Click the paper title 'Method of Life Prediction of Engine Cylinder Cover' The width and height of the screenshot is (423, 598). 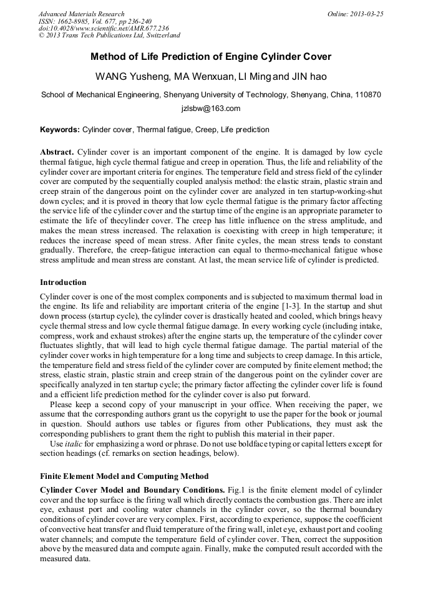pyautogui.click(x=211, y=57)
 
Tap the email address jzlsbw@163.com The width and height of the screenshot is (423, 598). pyautogui.click(x=211, y=109)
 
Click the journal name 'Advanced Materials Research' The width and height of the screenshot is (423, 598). pyautogui.click(x=82, y=14)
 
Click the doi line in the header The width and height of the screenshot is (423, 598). pyautogui.click(x=104, y=28)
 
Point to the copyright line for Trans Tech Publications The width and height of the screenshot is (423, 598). pyautogui.click(x=109, y=36)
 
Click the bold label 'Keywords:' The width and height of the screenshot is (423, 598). pyautogui.click(x=60, y=130)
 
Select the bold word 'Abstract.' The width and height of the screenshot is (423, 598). pyautogui.click(x=57, y=152)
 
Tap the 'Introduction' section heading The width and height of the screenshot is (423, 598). pyautogui.click(x=63, y=282)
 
